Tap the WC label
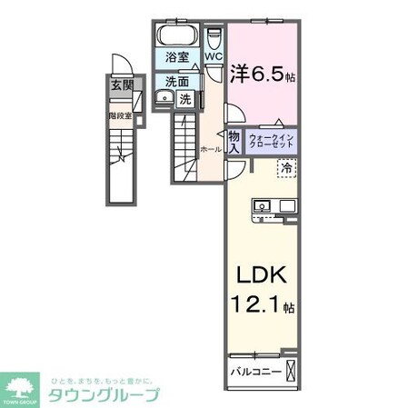click(x=214, y=57)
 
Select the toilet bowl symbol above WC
click(x=214, y=38)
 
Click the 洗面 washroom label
click(x=178, y=81)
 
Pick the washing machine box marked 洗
click(x=185, y=99)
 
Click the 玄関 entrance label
click(x=121, y=87)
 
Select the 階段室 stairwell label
click(x=120, y=115)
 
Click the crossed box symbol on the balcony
click(x=291, y=370)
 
